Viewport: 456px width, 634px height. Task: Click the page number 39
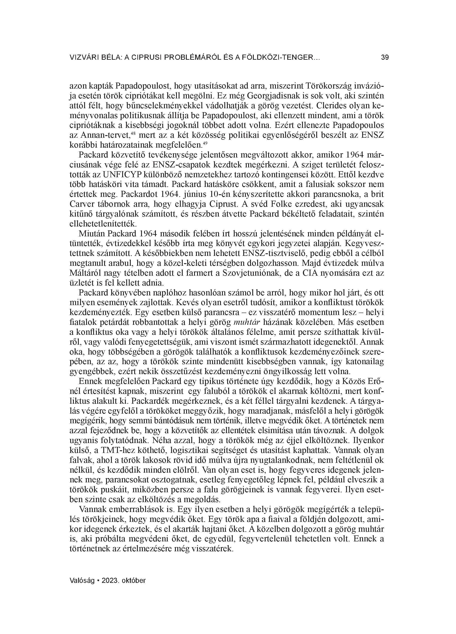tap(385, 58)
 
